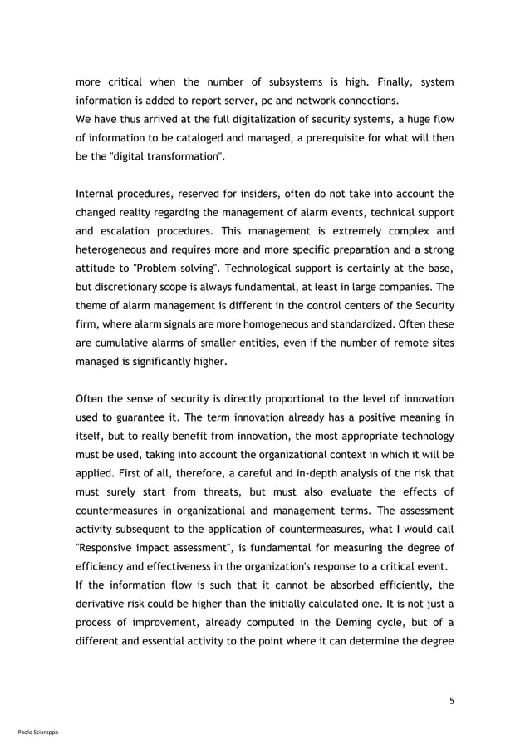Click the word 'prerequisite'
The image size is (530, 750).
339,139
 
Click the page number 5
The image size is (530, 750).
452,700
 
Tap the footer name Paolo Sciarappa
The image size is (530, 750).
37,733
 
